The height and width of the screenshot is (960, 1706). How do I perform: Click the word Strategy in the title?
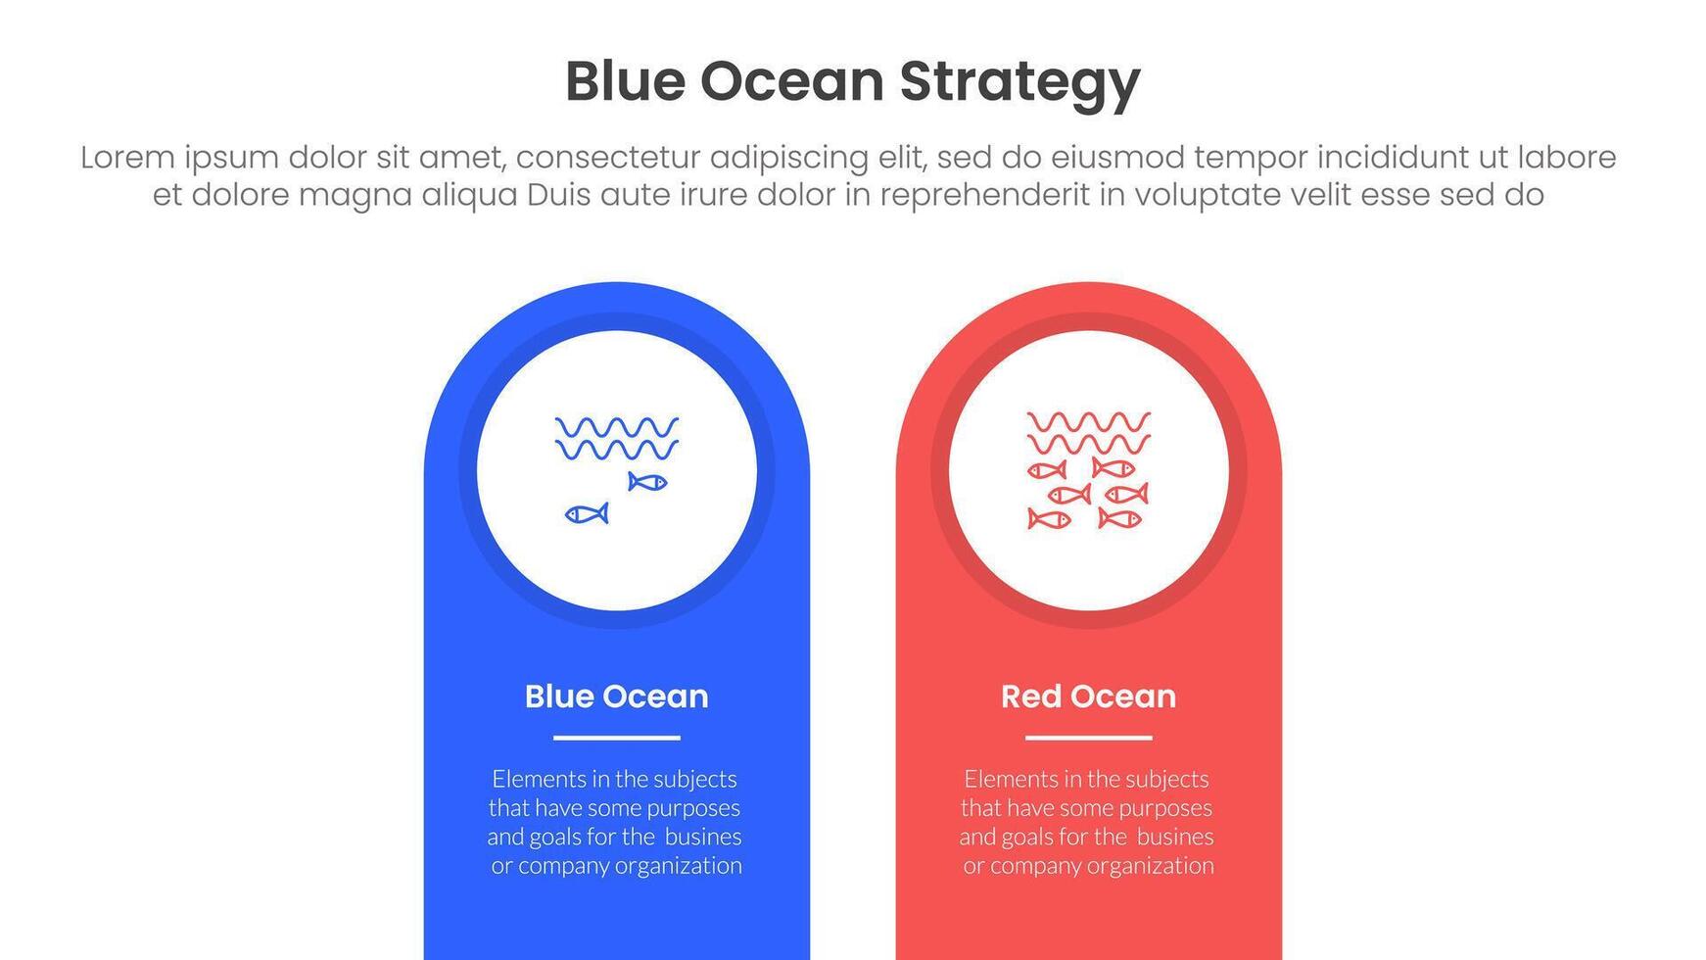coord(1019,82)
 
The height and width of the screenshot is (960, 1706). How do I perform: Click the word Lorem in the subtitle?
coord(127,157)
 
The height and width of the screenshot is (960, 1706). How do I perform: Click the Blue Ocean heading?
coord(617,696)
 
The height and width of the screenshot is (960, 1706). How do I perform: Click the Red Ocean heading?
coord(1089,696)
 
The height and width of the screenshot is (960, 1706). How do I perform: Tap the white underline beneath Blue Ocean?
coord(617,738)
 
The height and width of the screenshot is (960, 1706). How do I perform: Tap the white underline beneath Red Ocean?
coord(1089,738)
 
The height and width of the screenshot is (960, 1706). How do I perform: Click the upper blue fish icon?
coord(647,482)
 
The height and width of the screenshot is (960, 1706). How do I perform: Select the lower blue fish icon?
coord(587,513)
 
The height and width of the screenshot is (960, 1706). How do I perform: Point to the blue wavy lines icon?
coord(617,438)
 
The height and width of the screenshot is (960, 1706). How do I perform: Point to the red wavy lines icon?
coord(1089,433)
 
